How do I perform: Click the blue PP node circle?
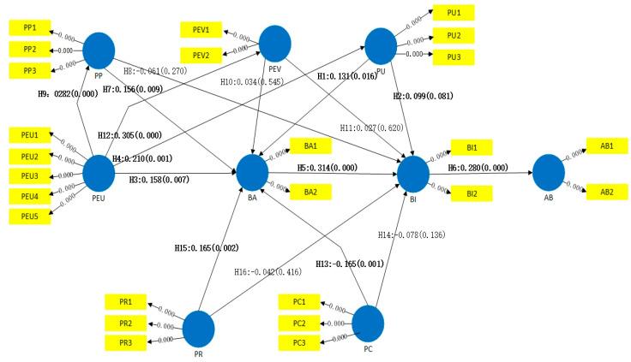pyautogui.click(x=100, y=49)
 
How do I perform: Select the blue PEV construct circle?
pyautogui.click(x=275, y=41)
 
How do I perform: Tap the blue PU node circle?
pyautogui.click(x=380, y=44)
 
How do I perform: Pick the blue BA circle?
pyautogui.click(x=252, y=171)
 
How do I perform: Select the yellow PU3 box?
pyautogui.click(x=454, y=56)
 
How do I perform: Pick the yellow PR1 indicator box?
pyautogui.click(x=126, y=302)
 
